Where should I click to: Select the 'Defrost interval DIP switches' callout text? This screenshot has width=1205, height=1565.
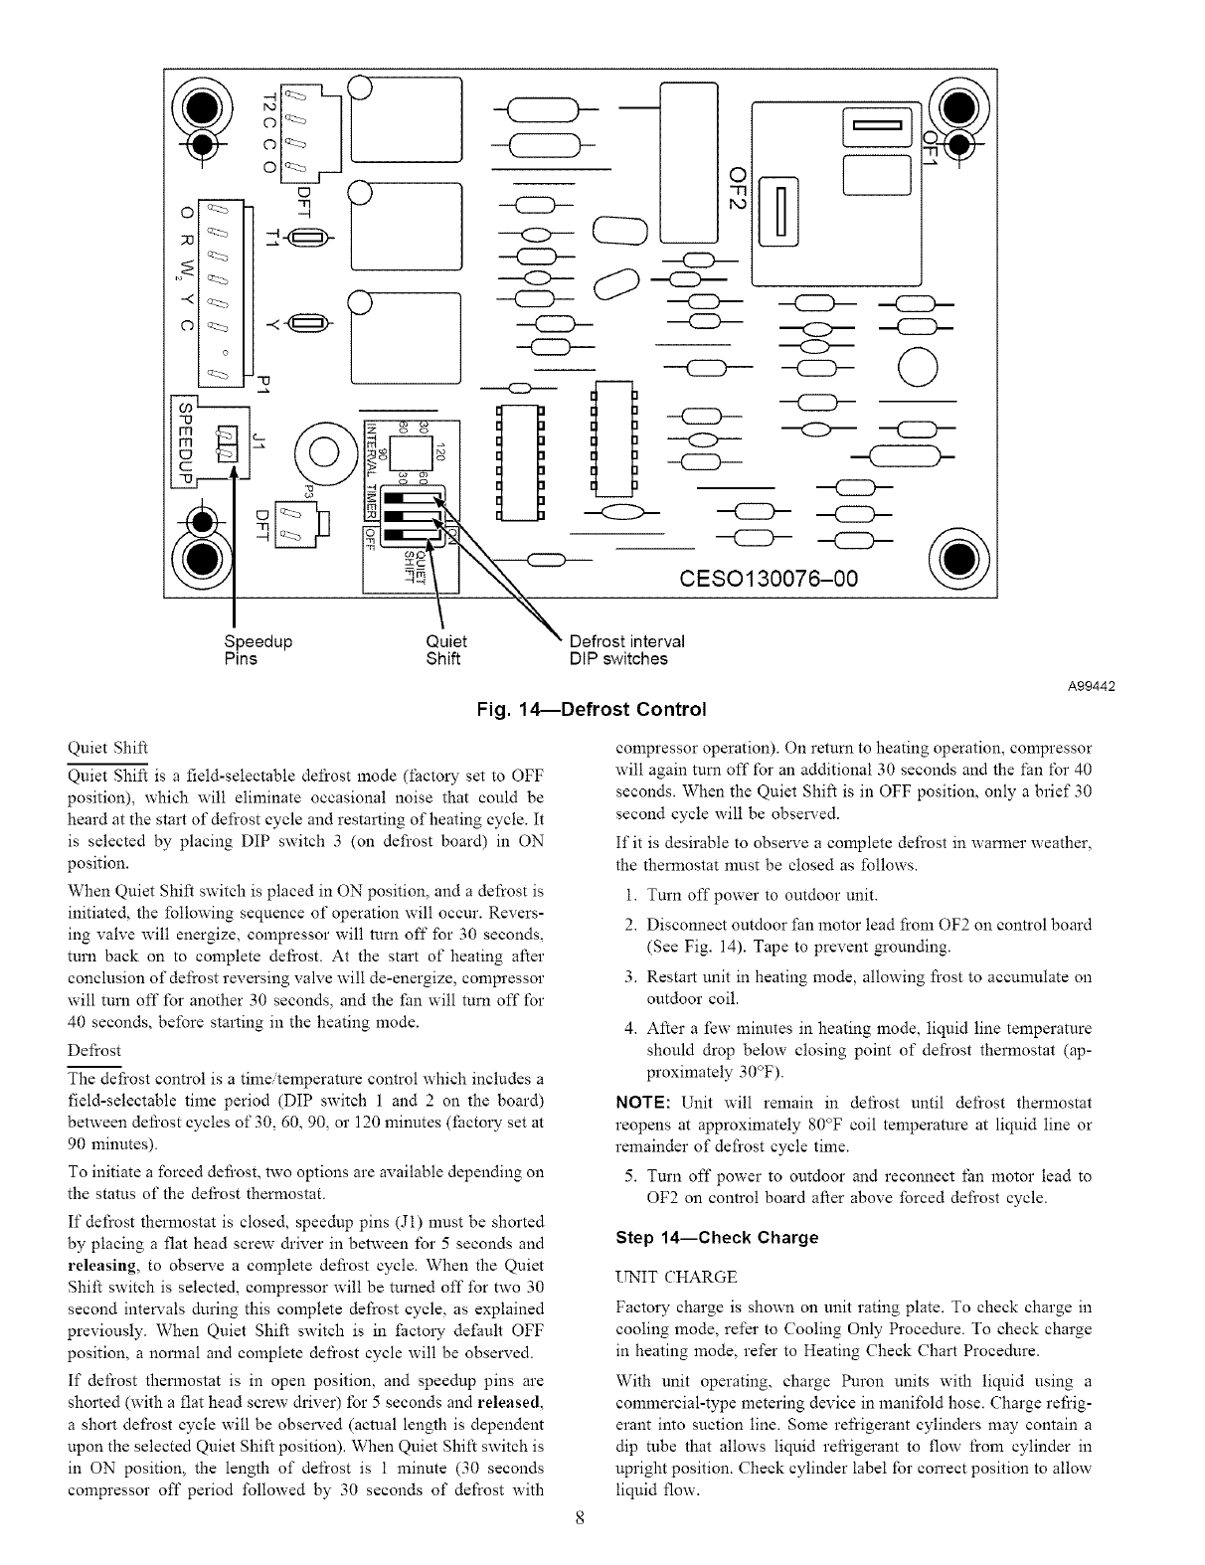tap(626, 650)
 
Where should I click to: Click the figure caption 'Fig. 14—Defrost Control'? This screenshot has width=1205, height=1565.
tap(592, 710)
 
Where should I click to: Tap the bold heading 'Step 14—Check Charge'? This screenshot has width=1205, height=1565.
tap(717, 1238)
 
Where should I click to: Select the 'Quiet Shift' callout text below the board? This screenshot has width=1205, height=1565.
tap(444, 650)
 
